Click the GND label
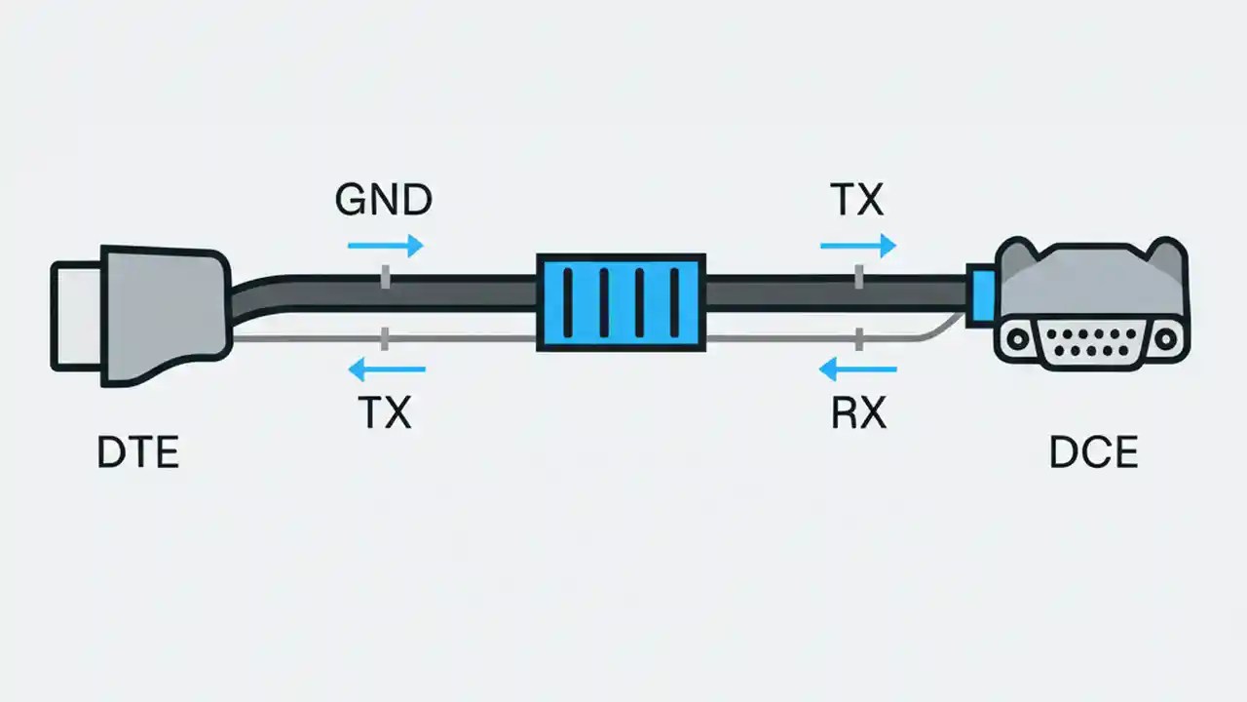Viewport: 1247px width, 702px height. (x=383, y=200)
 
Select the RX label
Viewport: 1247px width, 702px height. (x=858, y=414)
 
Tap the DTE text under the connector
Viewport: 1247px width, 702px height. (x=138, y=454)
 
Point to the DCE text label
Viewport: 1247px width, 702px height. (x=1093, y=454)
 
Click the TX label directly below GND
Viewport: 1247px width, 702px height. (x=385, y=414)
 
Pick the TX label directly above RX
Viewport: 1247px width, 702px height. (x=856, y=200)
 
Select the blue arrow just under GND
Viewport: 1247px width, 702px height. (x=386, y=245)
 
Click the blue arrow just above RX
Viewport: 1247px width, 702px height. (x=857, y=369)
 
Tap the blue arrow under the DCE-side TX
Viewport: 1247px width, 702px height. (x=857, y=245)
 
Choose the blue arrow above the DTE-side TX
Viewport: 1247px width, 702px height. (x=387, y=369)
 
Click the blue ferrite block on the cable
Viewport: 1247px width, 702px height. (x=621, y=301)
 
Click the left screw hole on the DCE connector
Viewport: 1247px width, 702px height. (x=1017, y=339)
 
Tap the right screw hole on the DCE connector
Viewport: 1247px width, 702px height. (x=1165, y=339)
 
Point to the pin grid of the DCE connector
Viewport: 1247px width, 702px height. (x=1091, y=343)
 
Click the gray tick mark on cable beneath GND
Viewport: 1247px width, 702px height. (x=386, y=278)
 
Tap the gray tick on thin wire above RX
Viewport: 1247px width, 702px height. (x=858, y=339)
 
